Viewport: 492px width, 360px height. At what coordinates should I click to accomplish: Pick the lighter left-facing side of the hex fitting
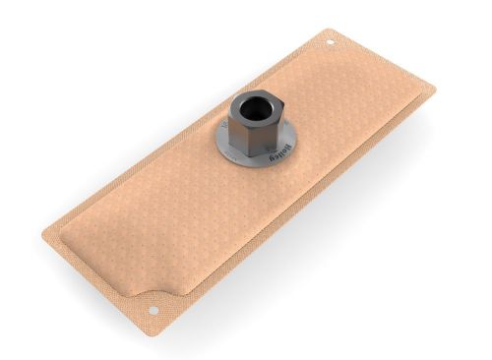(237, 133)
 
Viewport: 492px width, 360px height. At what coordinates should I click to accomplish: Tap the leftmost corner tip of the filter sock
(43, 235)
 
